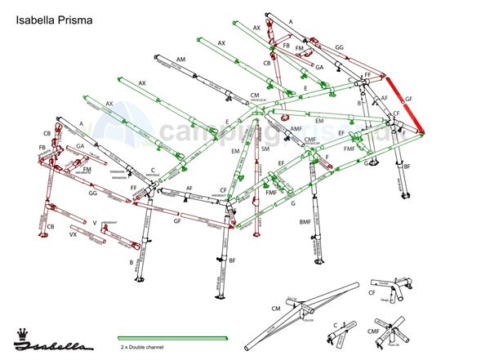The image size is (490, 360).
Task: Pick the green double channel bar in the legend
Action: coord(172,338)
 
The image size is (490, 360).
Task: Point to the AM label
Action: coord(180,60)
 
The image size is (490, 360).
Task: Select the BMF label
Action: coord(305,222)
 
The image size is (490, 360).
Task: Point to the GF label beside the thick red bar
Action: coord(408,98)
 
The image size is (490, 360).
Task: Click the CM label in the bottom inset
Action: coord(276,308)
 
